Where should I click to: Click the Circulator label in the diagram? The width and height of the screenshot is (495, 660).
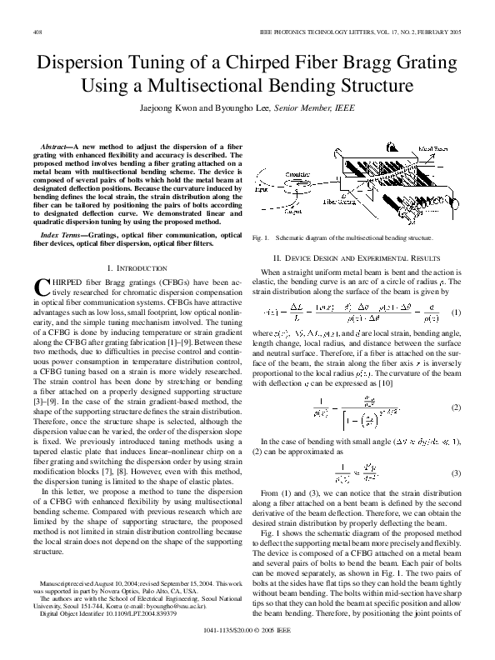tap(296, 174)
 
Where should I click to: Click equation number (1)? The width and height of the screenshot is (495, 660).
tap(455, 312)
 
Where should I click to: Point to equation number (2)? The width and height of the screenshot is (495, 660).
tap(455, 407)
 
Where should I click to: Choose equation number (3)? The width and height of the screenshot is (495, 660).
tap(455, 472)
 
